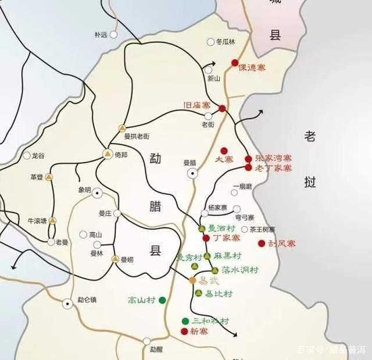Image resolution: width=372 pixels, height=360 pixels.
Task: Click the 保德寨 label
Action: (x=252, y=68)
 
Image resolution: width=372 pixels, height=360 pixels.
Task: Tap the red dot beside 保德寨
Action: (x=235, y=63)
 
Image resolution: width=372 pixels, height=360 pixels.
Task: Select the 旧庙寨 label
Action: (x=196, y=105)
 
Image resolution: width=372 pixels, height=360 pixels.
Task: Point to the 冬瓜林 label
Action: (x=226, y=42)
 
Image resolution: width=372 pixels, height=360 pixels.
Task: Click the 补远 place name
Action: (x=101, y=35)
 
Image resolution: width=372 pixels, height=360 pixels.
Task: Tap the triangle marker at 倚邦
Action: (x=108, y=154)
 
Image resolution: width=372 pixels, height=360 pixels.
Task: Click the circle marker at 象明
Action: (x=97, y=193)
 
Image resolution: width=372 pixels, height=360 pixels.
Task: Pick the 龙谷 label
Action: (x=38, y=156)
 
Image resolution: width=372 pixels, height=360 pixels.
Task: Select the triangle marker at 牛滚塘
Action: (x=53, y=220)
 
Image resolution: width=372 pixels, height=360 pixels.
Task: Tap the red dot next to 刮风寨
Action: (x=262, y=243)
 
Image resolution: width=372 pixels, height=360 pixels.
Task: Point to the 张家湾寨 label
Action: (x=272, y=158)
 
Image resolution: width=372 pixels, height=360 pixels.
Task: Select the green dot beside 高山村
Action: (x=162, y=300)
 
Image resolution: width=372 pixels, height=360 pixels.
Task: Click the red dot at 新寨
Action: (x=185, y=332)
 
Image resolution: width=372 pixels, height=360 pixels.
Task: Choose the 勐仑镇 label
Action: (x=87, y=301)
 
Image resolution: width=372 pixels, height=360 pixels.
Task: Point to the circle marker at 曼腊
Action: (x=192, y=173)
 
